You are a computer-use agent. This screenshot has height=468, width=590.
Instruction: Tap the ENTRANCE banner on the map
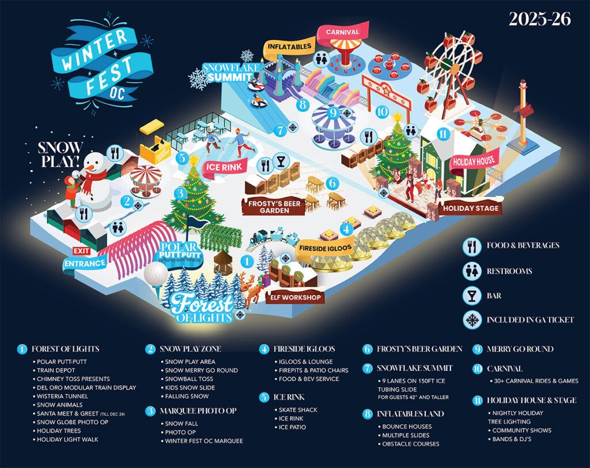click(85, 264)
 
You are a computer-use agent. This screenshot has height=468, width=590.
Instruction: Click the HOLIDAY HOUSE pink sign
click(473, 161)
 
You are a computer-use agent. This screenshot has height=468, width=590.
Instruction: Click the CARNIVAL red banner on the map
click(342, 32)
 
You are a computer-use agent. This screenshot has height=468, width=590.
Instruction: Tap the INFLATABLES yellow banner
click(290, 46)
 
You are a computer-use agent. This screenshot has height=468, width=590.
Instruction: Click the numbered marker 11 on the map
click(442, 134)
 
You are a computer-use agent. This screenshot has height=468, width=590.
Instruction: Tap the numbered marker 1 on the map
click(247, 261)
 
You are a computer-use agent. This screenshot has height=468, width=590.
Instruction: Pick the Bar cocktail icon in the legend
click(473, 295)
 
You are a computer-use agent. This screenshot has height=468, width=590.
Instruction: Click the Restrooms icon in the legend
click(473, 271)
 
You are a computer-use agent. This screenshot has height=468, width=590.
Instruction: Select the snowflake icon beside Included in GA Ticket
click(473, 320)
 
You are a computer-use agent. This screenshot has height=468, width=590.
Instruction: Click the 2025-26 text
click(539, 19)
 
